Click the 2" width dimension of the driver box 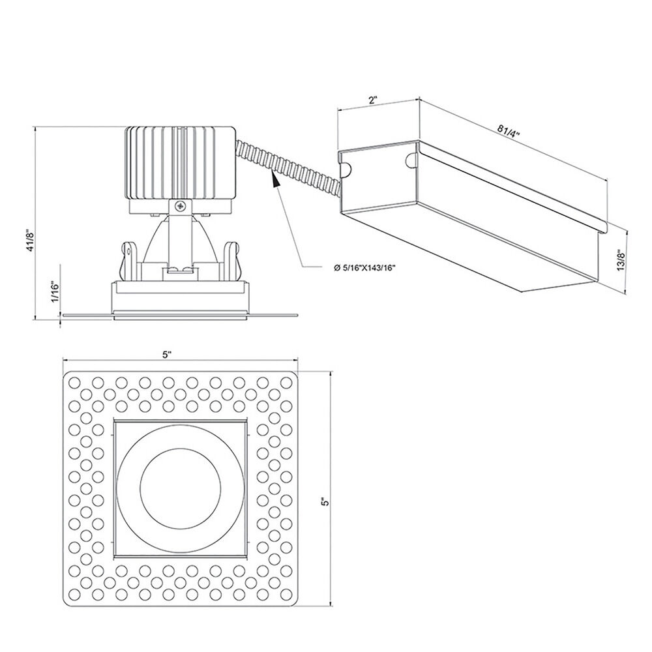coord(372,100)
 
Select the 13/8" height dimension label coord(621,260)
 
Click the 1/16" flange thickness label coord(55,292)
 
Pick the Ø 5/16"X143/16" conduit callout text coord(364,268)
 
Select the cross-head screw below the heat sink coord(181,205)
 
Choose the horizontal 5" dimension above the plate coord(167,355)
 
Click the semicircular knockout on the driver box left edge coord(346,170)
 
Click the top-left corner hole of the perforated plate coord(74,382)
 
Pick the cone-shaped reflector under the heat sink coord(181,241)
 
